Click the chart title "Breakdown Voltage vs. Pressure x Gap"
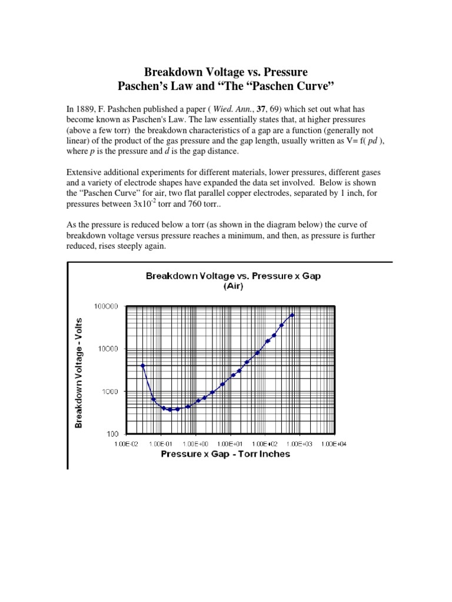(x=233, y=276)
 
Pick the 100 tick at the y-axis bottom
(x=113, y=434)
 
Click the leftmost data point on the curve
(x=142, y=365)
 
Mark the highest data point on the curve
(x=292, y=315)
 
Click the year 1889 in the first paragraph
(x=85, y=109)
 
